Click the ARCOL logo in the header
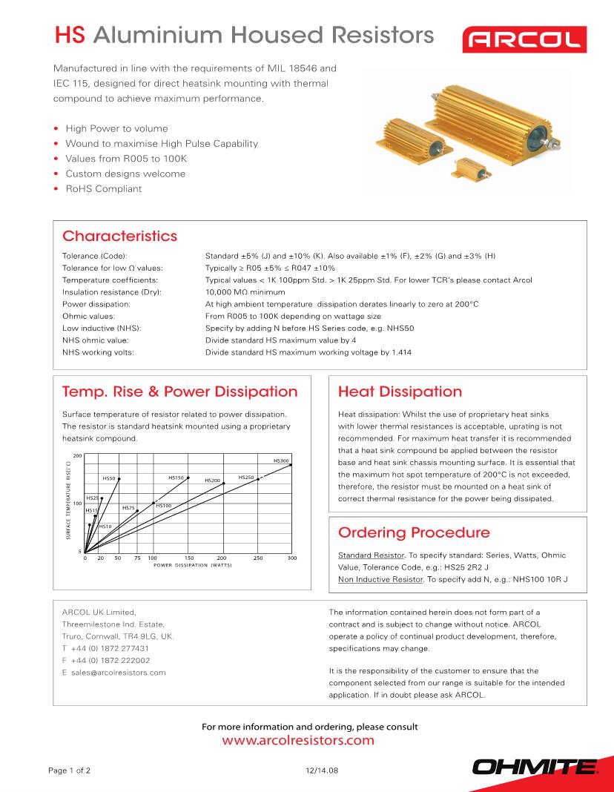coord(524,39)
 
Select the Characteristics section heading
coord(120,236)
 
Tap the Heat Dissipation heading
coord(399,392)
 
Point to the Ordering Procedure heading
coord(414,532)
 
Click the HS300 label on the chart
coord(281,461)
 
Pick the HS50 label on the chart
coord(108,478)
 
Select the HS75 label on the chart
coord(128,508)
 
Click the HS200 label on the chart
coord(213,481)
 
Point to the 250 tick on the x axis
coord(258,558)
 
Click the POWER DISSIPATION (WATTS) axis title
coord(193,565)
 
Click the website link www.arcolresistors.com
coord(298,740)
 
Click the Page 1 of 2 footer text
coord(69,770)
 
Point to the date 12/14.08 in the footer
coord(322,770)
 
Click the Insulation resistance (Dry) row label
coord(112,292)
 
